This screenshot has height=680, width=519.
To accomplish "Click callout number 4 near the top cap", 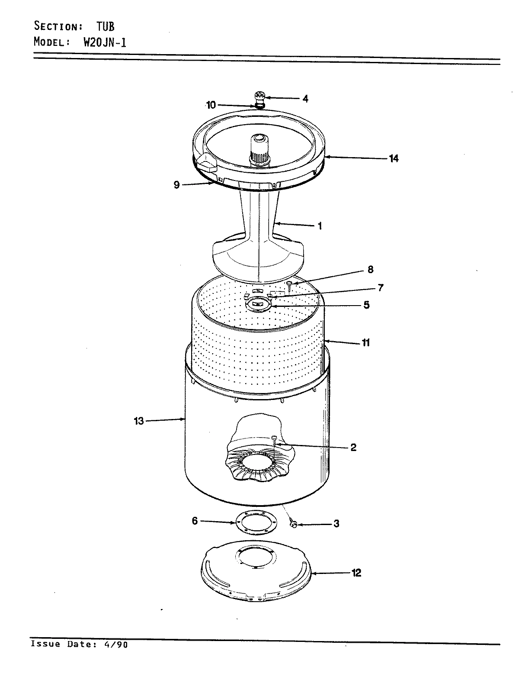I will click(x=305, y=99).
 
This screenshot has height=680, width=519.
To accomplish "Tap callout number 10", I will click(x=211, y=105).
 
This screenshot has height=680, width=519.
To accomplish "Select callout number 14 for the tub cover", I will click(x=393, y=158).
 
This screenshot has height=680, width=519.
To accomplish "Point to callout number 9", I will click(x=176, y=185).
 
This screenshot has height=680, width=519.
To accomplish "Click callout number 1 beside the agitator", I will click(x=320, y=226).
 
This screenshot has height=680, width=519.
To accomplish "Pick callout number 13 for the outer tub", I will click(x=138, y=421).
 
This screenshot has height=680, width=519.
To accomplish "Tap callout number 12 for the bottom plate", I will click(x=356, y=573).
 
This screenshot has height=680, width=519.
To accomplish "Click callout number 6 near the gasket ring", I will click(x=195, y=521).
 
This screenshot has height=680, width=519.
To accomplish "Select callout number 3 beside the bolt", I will click(x=336, y=524).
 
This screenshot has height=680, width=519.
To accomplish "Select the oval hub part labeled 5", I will click(x=258, y=305).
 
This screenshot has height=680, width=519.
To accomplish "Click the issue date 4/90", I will click(x=116, y=644).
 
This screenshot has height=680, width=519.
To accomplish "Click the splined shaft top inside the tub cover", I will click(x=259, y=139).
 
